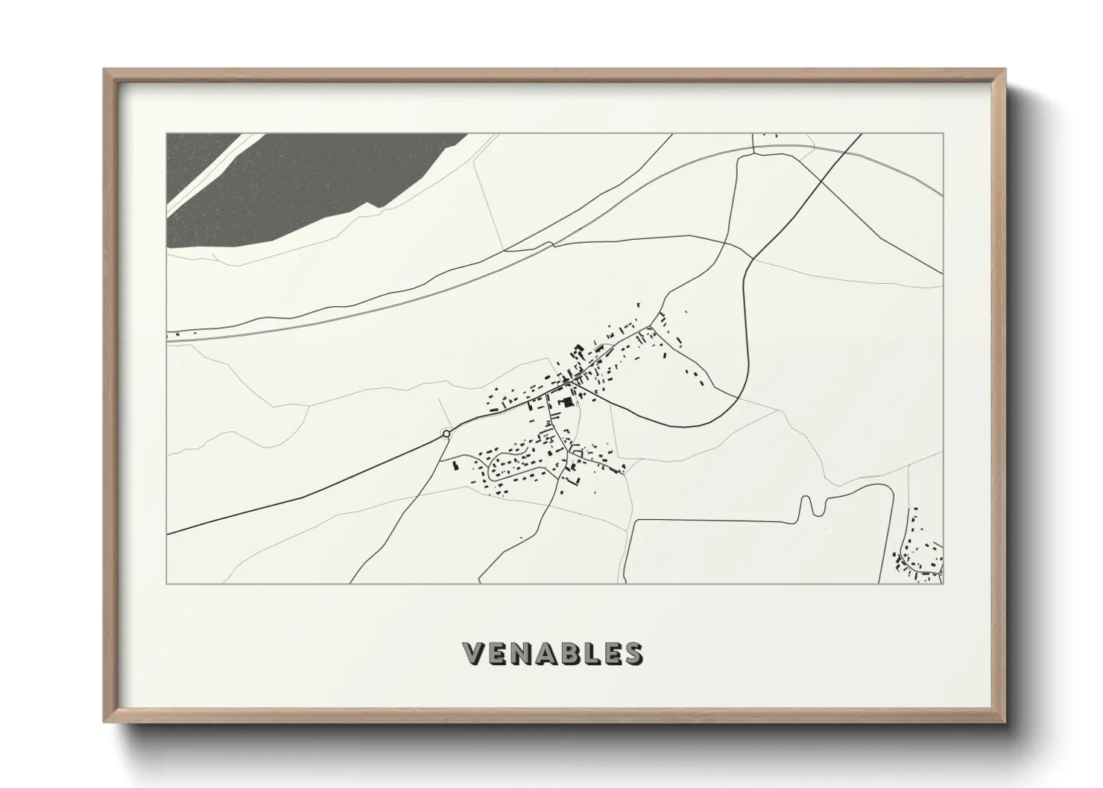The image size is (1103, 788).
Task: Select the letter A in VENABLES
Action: (551, 653)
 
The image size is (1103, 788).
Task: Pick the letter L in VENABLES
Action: (600, 653)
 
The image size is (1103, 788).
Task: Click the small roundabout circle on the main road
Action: (446, 433)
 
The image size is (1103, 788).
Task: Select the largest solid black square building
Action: (570, 402)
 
